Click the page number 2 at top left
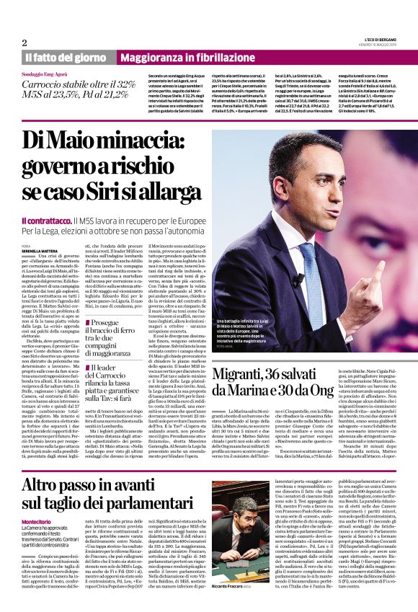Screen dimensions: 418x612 point(25,43)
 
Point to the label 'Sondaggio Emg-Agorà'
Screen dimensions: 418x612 point(49,74)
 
